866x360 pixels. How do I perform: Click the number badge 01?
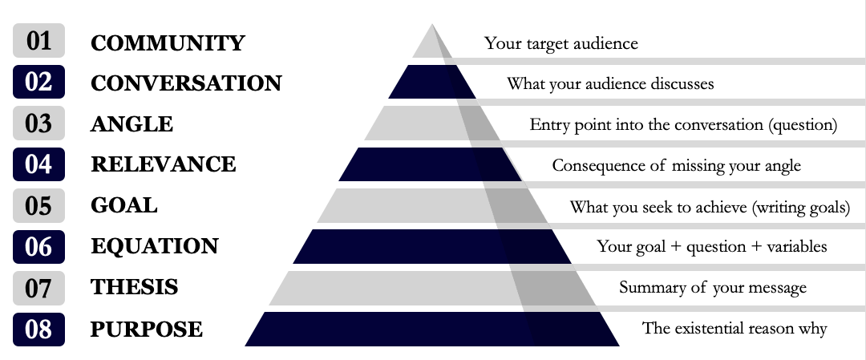click(x=38, y=40)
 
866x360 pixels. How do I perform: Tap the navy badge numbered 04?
click(x=38, y=164)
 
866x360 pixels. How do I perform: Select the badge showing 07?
click(x=38, y=288)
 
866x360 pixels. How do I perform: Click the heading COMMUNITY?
click(x=168, y=43)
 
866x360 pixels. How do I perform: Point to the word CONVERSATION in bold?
click(x=186, y=83)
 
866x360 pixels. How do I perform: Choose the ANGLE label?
click(x=132, y=124)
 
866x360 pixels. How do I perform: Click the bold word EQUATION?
click(x=155, y=246)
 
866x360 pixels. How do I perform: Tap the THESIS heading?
click(x=134, y=287)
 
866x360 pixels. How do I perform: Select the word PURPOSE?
click(x=147, y=329)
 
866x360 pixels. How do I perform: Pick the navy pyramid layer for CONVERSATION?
click(x=432, y=82)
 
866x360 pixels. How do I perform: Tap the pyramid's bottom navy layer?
click(x=432, y=329)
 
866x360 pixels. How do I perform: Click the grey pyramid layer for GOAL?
click(x=432, y=205)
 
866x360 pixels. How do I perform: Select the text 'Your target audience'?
click(x=561, y=43)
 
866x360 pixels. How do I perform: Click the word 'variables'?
click(x=797, y=246)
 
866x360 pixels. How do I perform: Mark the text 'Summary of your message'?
click(x=713, y=288)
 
